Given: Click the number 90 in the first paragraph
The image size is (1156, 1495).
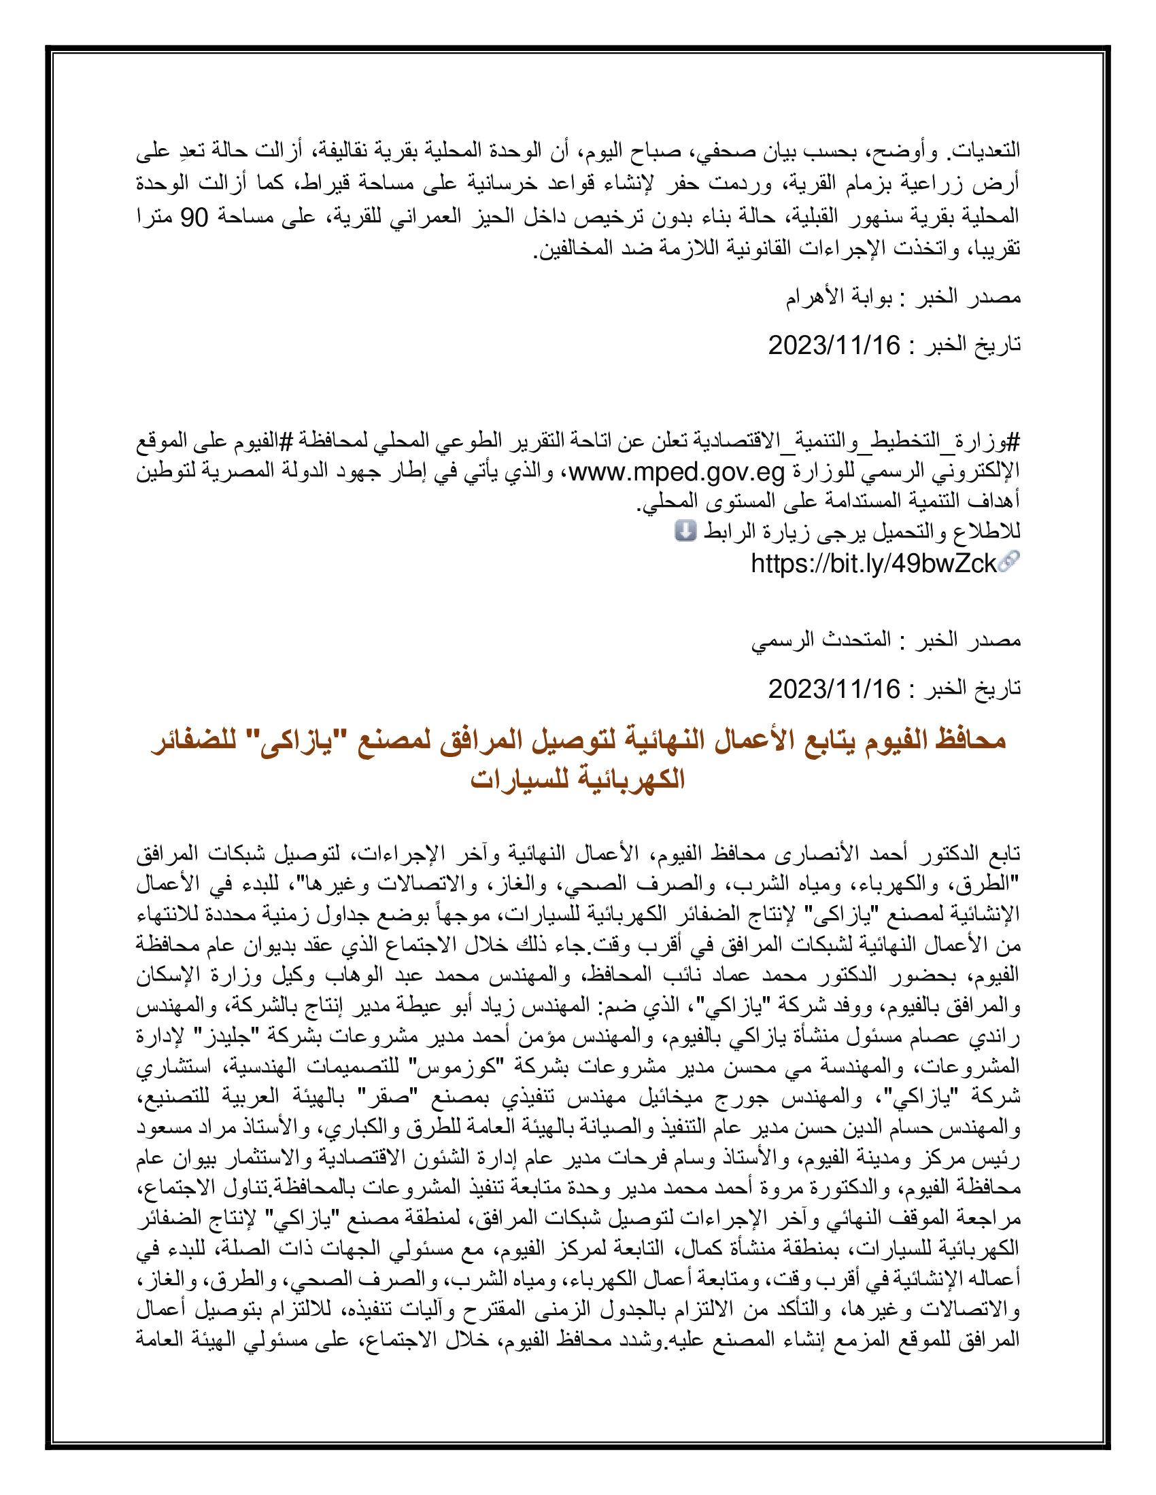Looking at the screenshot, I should coord(194,217).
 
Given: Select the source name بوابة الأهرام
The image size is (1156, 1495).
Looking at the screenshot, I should coord(838,297).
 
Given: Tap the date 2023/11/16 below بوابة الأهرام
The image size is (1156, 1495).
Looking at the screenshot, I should coord(834,346).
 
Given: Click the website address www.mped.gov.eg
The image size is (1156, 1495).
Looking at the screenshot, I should coord(677,472).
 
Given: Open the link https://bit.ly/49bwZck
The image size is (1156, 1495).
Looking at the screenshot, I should coord(873,564).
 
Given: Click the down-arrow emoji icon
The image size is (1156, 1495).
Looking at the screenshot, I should coord(685,531).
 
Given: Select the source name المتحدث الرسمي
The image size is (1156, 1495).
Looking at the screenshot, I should coord(821,640).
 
